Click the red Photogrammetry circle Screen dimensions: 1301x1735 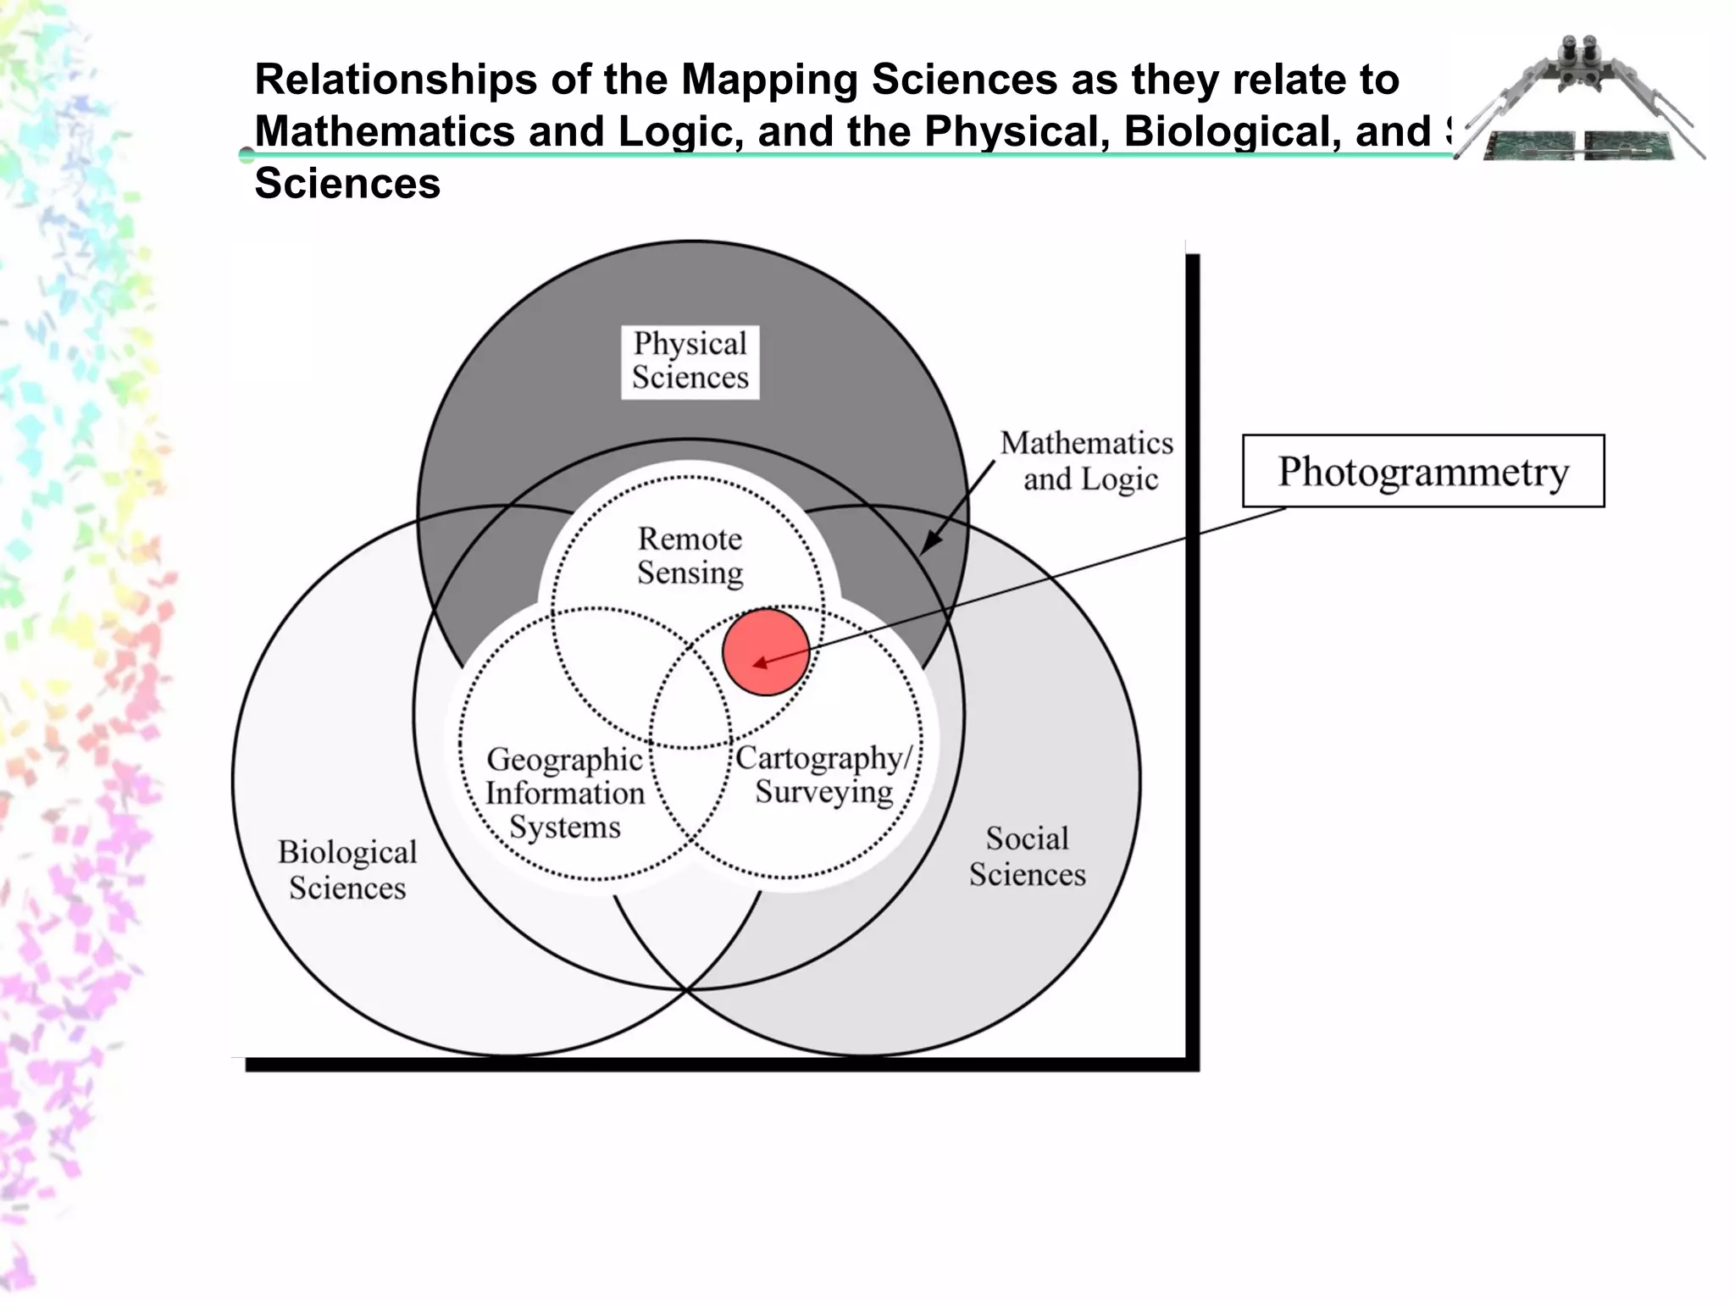click(766, 652)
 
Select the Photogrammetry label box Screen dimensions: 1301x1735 click(1422, 471)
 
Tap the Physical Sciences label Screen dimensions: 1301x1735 click(690, 361)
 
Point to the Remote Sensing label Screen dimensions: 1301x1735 click(690, 556)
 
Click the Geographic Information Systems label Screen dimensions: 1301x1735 click(564, 793)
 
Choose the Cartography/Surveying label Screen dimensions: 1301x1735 click(823, 775)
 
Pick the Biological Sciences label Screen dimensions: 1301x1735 click(347, 870)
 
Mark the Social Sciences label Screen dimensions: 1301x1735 click(1027, 856)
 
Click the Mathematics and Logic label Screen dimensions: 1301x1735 click(1088, 461)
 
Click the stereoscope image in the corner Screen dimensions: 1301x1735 click(1581, 102)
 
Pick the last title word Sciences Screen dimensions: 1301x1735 click(347, 184)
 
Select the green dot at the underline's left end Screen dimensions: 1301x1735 click(247, 154)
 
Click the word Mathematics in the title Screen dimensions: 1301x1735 click(385, 131)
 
